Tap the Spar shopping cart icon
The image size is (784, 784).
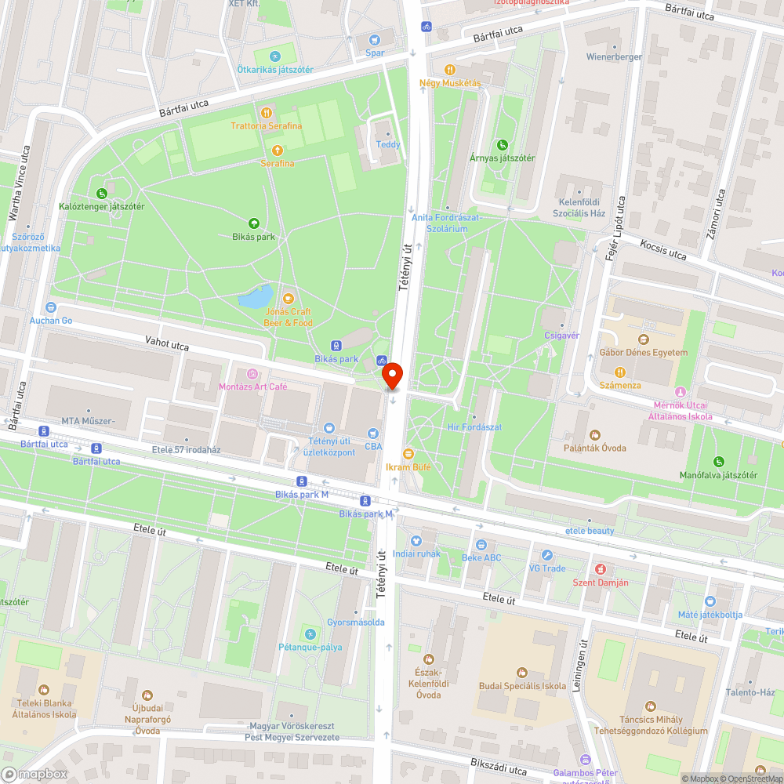point(375,40)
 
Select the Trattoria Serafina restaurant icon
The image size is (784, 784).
point(267,112)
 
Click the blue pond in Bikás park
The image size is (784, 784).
point(255,297)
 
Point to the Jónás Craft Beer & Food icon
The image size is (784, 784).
point(288,297)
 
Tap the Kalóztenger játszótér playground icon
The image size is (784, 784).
point(101,193)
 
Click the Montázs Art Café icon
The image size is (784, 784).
point(252,374)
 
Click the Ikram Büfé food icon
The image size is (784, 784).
point(408,453)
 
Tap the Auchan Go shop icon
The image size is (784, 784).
point(51,307)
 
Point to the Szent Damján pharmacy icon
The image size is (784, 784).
point(600,568)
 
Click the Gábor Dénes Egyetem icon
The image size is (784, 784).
point(644,339)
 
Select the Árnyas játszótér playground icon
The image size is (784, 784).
point(502,144)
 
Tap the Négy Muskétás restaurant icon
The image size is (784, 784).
point(450,69)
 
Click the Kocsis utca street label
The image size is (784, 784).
point(662,250)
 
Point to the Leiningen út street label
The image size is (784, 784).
point(583,667)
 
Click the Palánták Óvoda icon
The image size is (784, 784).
point(594,434)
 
